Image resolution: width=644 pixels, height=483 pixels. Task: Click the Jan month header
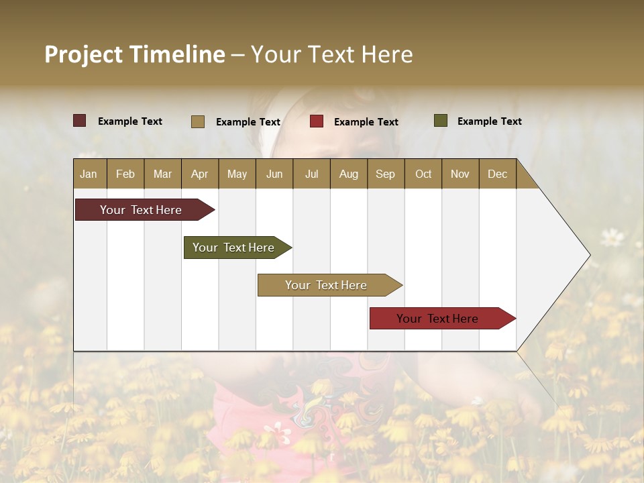(89, 174)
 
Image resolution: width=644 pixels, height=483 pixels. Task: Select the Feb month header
(125, 174)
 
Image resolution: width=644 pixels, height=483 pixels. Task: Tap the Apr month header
(199, 174)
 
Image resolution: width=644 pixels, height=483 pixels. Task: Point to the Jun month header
(274, 174)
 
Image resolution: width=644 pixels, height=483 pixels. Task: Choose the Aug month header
(348, 174)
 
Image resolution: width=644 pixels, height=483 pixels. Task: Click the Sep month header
(385, 174)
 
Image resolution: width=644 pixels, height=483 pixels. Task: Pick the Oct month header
(423, 174)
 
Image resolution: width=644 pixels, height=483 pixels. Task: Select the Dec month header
(497, 174)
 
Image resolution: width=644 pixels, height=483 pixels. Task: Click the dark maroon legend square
(80, 121)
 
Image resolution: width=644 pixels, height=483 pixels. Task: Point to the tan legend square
(198, 121)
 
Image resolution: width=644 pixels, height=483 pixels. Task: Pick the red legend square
(317, 121)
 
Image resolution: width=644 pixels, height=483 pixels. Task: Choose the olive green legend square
(441, 121)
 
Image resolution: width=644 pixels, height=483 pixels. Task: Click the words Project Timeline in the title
(135, 54)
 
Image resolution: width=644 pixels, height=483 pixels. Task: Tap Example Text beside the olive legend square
(489, 121)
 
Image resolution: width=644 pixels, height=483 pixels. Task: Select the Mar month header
(162, 174)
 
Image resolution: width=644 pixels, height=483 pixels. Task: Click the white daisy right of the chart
(612, 236)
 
